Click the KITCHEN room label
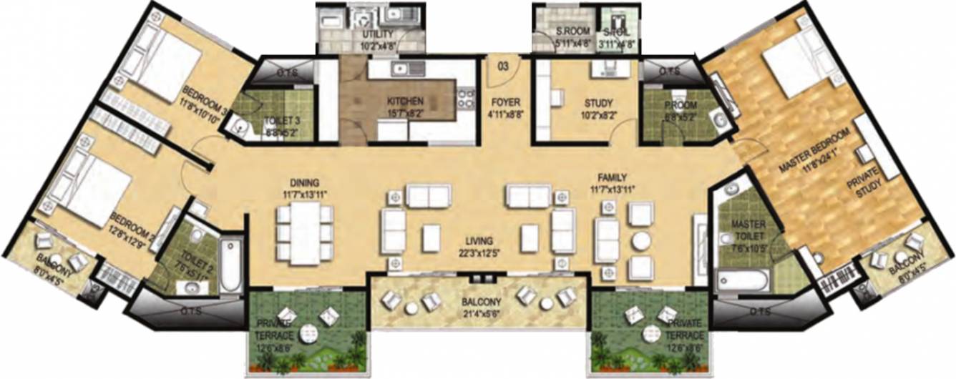(x=405, y=102)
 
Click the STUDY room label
(x=597, y=102)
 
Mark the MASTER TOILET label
(x=748, y=230)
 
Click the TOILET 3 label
(x=276, y=121)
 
